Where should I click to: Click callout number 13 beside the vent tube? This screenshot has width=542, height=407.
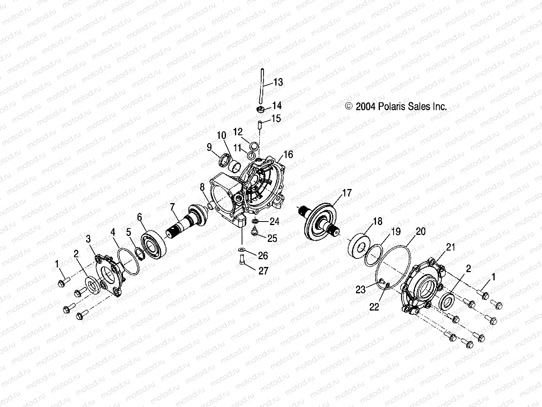pyautogui.click(x=278, y=82)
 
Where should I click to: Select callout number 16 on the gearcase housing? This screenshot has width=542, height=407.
pyautogui.click(x=288, y=154)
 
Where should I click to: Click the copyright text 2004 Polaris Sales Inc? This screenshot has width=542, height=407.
pyautogui.click(x=396, y=107)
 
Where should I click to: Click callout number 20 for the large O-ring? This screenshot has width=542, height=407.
pyautogui.click(x=420, y=231)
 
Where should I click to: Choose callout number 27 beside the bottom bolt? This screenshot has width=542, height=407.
pyautogui.click(x=264, y=271)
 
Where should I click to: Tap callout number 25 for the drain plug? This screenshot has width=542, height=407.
pyautogui.click(x=272, y=238)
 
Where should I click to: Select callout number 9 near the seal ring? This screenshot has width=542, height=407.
pyautogui.click(x=209, y=147)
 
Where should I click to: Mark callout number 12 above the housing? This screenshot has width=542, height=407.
pyautogui.click(x=238, y=131)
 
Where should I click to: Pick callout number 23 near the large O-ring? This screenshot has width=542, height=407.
pyautogui.click(x=360, y=289)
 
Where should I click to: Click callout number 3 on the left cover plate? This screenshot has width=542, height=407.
pyautogui.click(x=88, y=239)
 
